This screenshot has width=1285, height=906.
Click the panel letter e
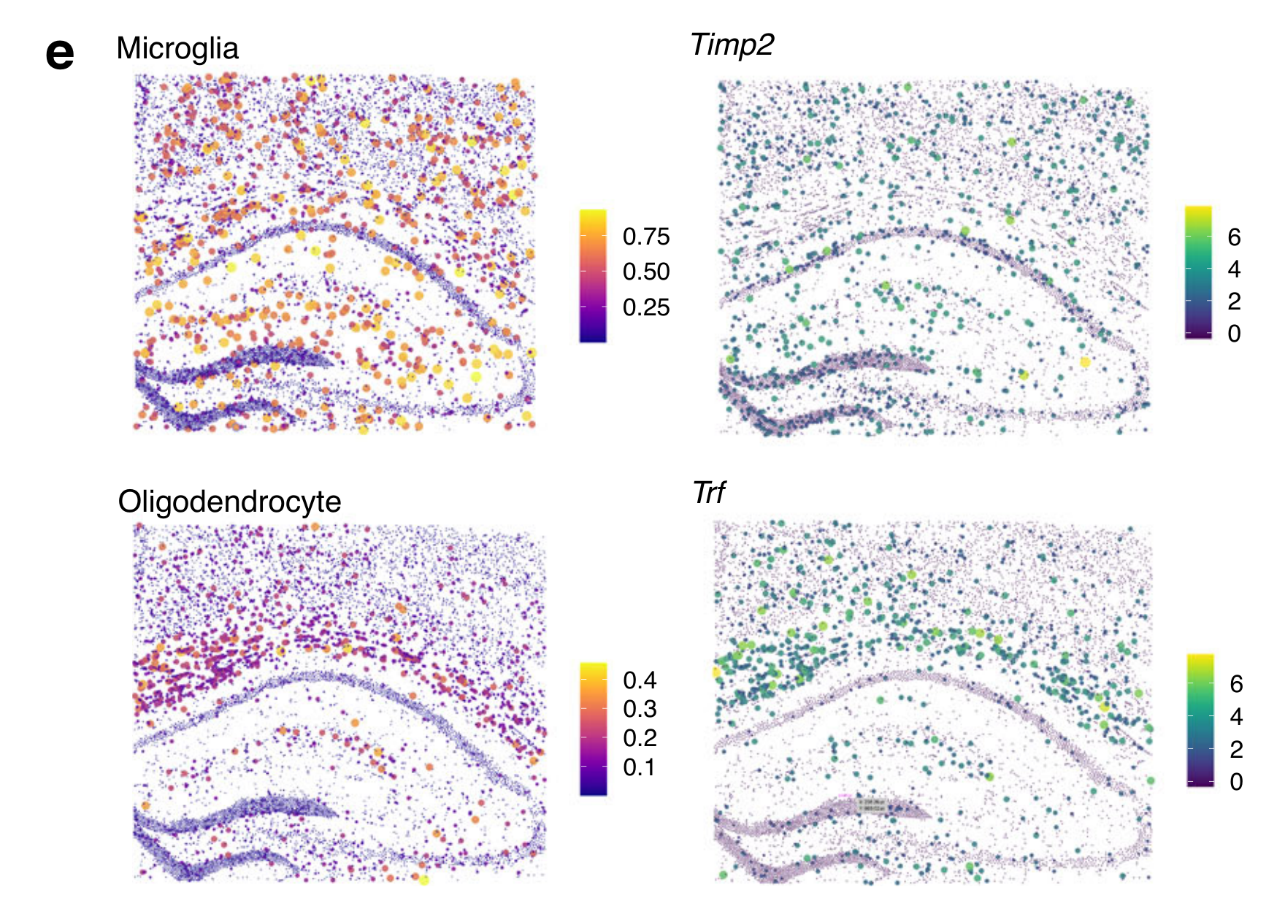click(x=60, y=55)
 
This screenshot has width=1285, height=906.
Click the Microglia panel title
click(x=177, y=49)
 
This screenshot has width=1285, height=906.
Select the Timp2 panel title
click(x=732, y=45)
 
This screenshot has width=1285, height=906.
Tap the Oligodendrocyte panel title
click(x=229, y=502)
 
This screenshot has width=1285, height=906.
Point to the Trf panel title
click(x=708, y=494)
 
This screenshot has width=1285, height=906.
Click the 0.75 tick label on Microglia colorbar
click(x=645, y=237)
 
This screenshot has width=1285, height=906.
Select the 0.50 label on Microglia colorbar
click(x=645, y=272)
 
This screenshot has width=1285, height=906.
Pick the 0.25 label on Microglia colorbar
click(x=645, y=307)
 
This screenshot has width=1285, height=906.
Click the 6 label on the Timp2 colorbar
click(x=1234, y=237)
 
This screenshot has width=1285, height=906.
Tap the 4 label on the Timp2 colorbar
click(x=1234, y=269)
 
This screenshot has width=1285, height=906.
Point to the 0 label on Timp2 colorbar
click(x=1234, y=334)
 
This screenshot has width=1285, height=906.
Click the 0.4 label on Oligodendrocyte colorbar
click(x=640, y=680)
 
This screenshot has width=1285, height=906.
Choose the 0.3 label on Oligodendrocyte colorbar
click(x=640, y=709)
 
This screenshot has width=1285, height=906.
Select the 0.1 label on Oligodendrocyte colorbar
click(x=640, y=767)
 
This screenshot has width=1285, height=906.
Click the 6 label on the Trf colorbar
click(x=1236, y=684)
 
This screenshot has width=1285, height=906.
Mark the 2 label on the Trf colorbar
click(x=1236, y=749)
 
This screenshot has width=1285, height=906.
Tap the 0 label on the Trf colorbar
click(x=1236, y=782)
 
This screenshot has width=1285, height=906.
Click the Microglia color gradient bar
click(x=593, y=276)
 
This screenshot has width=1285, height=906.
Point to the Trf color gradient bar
click(x=1200, y=720)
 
